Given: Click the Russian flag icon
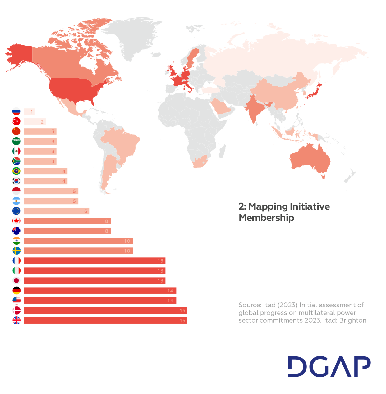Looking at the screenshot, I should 16,111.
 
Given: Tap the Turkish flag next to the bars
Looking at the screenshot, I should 16,121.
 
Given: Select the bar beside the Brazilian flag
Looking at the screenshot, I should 45,171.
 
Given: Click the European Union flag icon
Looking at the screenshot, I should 16,211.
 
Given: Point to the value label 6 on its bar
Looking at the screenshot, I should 86,211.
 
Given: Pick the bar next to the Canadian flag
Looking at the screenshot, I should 67,221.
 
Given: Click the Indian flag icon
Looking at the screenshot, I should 16,241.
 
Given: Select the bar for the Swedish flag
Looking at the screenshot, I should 78,251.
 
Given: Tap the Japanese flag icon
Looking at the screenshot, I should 16,280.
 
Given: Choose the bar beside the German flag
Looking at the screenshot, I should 100,291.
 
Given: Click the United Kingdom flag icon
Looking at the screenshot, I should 16,320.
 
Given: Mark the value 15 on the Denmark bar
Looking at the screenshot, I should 182,310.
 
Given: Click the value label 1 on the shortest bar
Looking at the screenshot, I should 31,112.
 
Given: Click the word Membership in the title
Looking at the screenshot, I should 266,218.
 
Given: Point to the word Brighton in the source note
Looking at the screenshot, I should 353,320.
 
